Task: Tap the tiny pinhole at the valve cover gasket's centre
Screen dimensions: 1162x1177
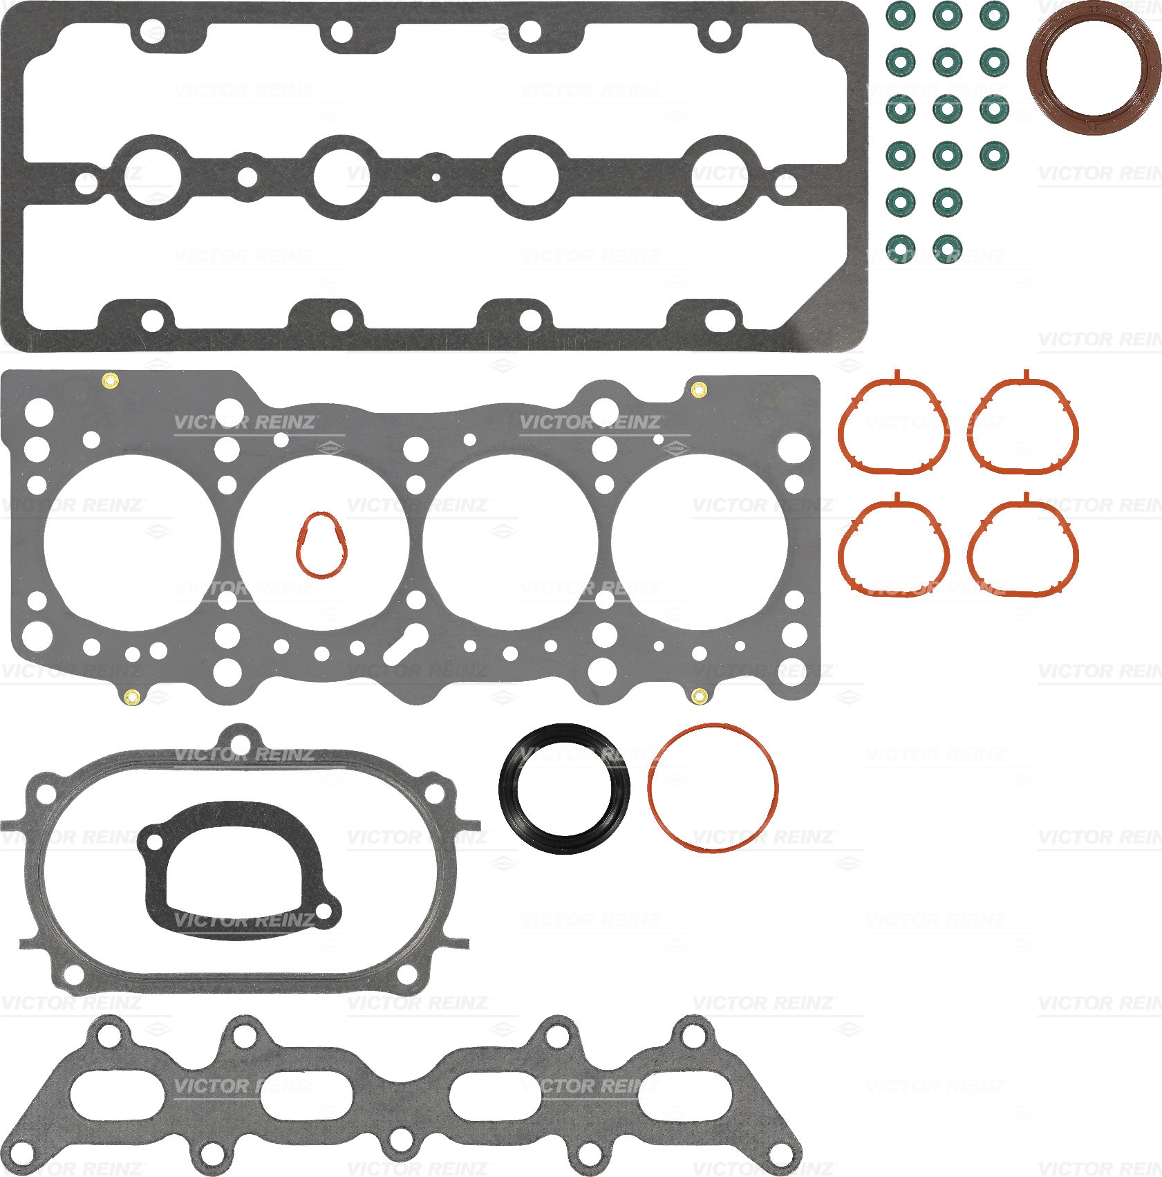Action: click(x=435, y=177)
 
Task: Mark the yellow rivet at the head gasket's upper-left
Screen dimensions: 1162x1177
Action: click(x=109, y=379)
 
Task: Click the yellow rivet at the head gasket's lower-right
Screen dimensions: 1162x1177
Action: click(x=699, y=696)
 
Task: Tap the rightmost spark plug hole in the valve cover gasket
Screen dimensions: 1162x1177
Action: click(x=720, y=177)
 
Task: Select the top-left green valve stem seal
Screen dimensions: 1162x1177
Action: click(x=900, y=15)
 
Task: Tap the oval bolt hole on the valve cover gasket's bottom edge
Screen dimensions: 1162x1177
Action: click(x=720, y=320)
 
